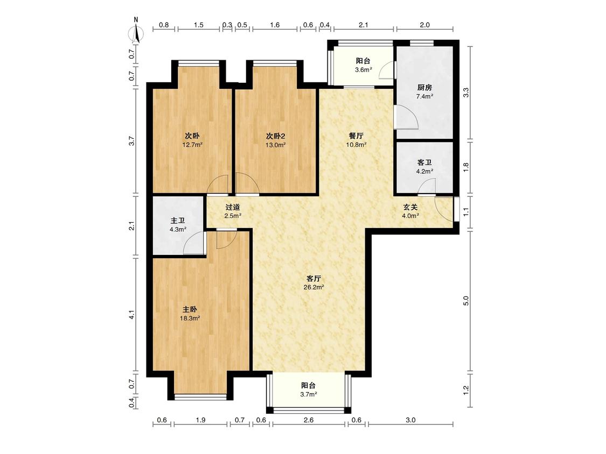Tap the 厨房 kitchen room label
click(424, 88)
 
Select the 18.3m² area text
click(190, 318)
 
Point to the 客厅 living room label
click(314, 278)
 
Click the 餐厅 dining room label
click(356, 136)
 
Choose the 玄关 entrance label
click(410, 207)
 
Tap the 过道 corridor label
click(233, 207)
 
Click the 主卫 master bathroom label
click(178, 221)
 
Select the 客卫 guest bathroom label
click(424, 162)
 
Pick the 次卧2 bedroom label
click(276, 136)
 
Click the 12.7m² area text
click(192, 145)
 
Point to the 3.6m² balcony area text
click(363, 70)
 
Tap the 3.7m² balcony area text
click(309, 394)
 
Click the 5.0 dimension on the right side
click(466, 301)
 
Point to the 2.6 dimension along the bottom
click(309, 420)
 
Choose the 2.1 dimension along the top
click(363, 25)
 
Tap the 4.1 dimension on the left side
click(132, 315)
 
